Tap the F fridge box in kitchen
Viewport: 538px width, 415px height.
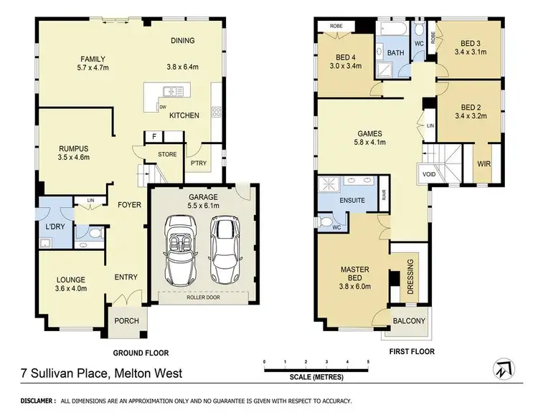pyautogui.click(x=154, y=136)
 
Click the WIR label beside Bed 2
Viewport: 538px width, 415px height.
pyautogui.click(x=483, y=163)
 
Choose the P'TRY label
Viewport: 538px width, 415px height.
pyautogui.click(x=198, y=163)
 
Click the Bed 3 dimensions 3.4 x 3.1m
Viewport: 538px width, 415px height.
pyautogui.click(x=471, y=51)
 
